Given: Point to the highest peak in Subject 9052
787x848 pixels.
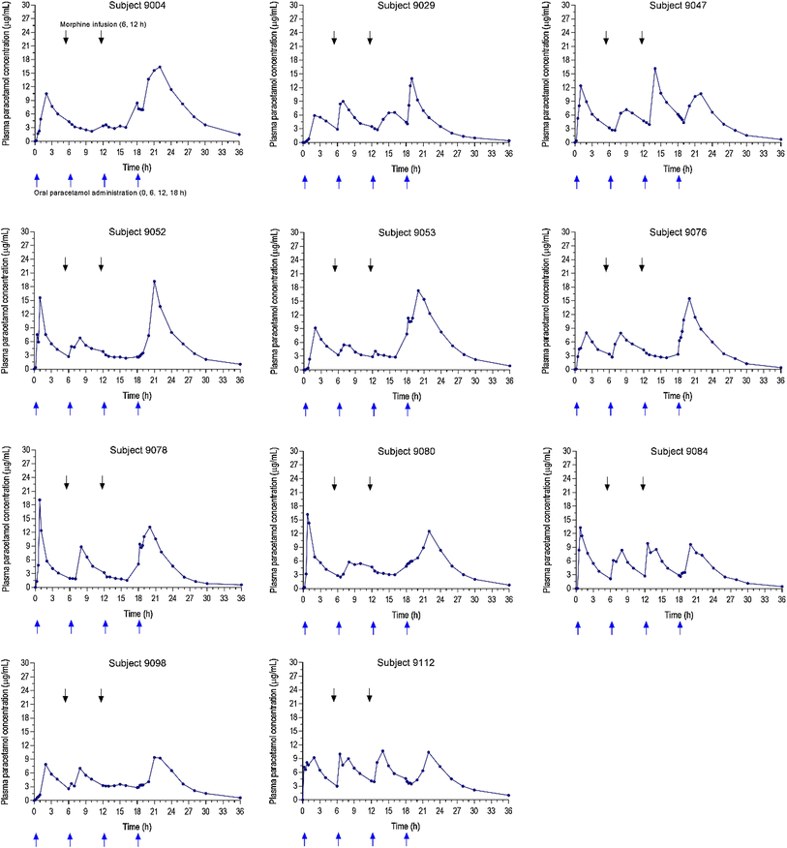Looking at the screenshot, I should [154, 282].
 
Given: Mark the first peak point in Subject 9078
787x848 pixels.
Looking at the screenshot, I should [40, 500].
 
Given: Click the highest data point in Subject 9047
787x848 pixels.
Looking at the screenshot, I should [655, 69].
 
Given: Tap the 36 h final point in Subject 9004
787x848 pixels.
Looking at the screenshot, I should [240, 135].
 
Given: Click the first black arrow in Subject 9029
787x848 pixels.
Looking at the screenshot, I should [334, 38].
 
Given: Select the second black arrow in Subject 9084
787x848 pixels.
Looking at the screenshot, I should [642, 482].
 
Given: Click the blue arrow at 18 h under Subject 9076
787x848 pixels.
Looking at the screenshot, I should [679, 408].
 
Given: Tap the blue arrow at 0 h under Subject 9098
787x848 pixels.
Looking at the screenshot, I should [36, 839].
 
